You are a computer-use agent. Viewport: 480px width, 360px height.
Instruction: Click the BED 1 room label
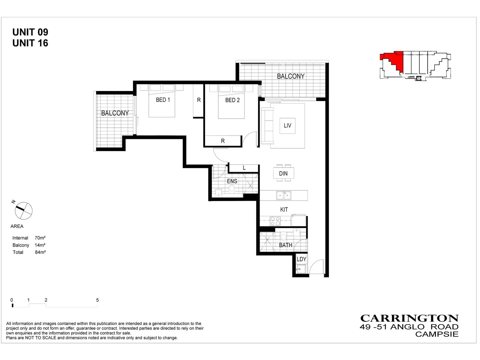[163, 100]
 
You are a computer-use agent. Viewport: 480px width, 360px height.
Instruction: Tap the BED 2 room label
[232, 100]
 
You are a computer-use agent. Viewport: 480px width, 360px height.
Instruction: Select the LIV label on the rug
[287, 126]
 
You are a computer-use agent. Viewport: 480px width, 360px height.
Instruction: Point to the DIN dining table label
[283, 173]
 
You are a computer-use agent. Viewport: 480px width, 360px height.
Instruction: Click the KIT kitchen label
[284, 210]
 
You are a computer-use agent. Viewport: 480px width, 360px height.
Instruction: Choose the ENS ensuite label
[232, 181]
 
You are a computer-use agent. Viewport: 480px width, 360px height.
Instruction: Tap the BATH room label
[286, 245]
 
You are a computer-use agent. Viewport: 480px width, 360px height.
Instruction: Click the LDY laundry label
[301, 259]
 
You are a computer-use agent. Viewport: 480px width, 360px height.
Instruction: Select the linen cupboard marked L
[244, 168]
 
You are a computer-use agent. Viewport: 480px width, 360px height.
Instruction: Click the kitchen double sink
[284, 195]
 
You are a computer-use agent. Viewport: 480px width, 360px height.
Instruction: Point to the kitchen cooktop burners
[275, 221]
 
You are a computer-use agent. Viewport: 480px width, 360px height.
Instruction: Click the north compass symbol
[24, 211]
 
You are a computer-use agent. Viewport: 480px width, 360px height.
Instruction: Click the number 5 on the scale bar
[97, 300]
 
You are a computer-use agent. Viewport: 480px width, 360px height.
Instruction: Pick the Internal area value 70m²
[40, 238]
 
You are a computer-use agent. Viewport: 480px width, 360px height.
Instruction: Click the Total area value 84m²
[40, 252]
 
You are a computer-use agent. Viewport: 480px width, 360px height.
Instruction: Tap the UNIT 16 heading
[30, 43]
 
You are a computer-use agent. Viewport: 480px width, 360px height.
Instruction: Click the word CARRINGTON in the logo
[409, 318]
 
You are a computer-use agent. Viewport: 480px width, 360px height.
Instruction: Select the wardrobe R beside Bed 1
[199, 100]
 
